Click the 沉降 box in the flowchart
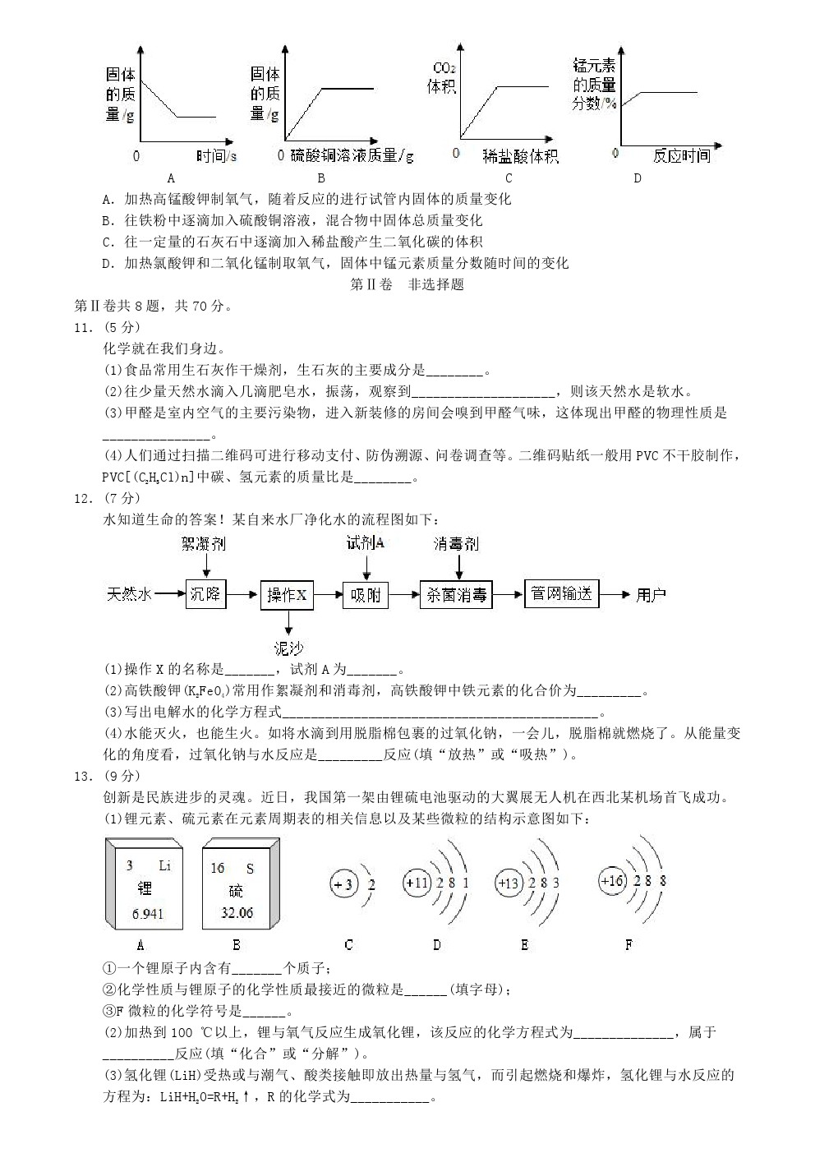205,593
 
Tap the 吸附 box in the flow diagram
365,595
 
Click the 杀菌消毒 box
456,595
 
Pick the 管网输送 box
562,593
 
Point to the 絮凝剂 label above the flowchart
203,543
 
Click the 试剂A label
365,542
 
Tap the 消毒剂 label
456,543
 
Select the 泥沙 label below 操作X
288,648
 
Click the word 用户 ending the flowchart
651,594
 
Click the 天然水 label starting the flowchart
129,594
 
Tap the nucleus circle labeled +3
343,885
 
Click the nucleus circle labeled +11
417,883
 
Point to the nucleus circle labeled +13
509,883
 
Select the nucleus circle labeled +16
613,881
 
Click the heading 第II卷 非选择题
407,284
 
